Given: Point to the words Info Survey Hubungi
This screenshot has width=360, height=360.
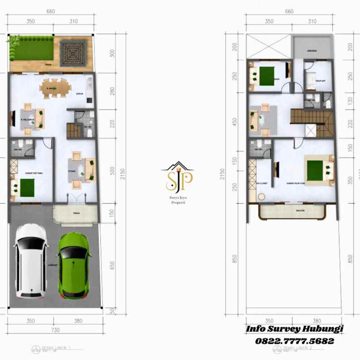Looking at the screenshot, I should [x=294, y=329].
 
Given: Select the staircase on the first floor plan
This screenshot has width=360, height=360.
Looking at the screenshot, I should [x=73, y=130].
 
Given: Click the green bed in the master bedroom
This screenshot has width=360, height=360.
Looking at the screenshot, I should [x=318, y=170].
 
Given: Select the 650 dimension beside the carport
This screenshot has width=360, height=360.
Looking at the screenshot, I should [x=112, y=266].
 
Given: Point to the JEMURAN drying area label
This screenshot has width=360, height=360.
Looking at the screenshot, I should [x=312, y=51].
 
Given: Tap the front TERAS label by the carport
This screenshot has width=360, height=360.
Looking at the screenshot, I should [x=77, y=213].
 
